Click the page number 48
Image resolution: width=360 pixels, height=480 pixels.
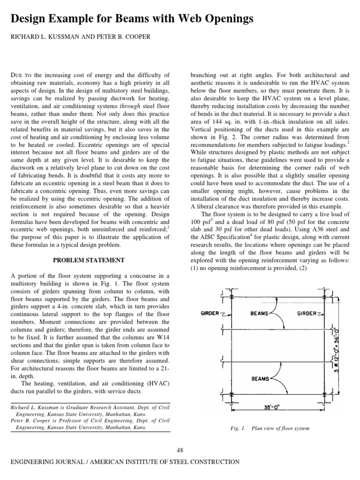[x=180, y=450]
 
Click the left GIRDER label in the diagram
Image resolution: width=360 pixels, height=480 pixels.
[x=210, y=313]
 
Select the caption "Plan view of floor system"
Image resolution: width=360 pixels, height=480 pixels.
[x=280, y=428]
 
